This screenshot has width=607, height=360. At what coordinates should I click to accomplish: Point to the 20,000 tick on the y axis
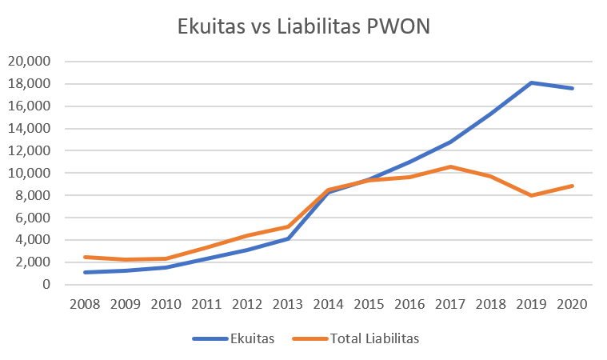[29, 62]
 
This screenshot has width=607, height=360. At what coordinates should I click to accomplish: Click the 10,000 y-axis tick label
[29, 173]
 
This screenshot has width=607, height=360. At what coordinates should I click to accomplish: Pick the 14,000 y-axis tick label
[29, 128]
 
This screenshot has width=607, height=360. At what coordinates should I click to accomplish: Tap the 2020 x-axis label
[573, 305]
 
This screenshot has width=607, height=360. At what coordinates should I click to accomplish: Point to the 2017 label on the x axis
[451, 305]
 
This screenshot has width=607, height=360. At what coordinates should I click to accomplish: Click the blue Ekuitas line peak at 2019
[531, 82]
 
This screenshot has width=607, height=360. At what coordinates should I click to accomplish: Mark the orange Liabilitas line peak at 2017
[451, 166]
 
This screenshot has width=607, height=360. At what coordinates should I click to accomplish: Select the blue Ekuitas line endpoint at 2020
[573, 88]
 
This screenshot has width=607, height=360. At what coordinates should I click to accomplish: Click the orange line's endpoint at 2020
[573, 186]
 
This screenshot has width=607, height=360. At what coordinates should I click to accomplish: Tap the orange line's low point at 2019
[531, 195]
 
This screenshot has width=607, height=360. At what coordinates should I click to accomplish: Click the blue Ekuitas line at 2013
[289, 238]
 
